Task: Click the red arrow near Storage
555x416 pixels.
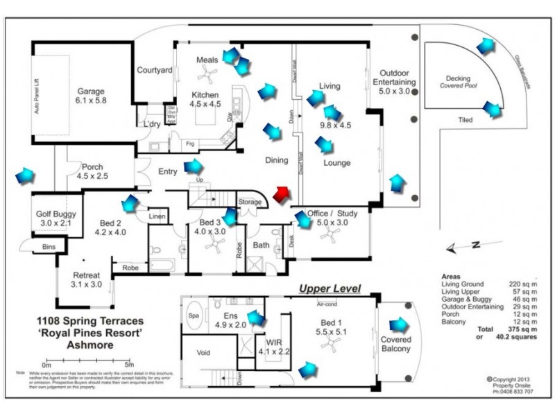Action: click(282, 196)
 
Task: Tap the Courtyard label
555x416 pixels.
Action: click(154, 70)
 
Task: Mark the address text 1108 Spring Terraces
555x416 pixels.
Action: click(90, 322)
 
